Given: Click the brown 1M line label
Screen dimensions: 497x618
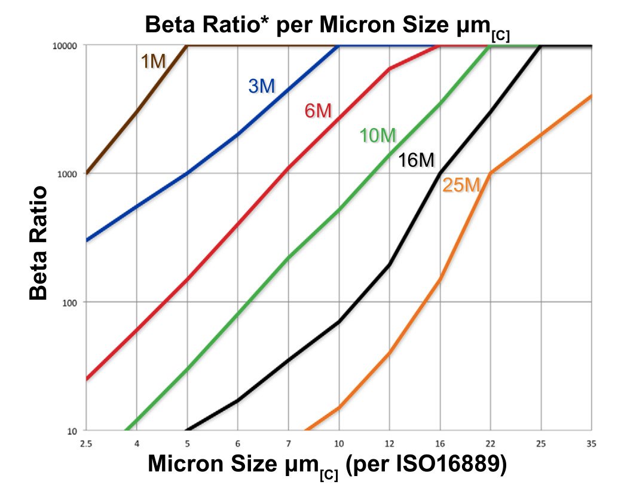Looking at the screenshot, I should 153,61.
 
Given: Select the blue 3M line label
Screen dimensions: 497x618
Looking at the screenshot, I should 262,86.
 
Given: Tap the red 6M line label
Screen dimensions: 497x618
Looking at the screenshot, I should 318,111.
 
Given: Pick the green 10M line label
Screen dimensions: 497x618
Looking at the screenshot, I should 378,136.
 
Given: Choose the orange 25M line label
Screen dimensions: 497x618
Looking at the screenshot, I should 461,186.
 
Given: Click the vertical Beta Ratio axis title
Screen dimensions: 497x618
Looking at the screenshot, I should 38,242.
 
